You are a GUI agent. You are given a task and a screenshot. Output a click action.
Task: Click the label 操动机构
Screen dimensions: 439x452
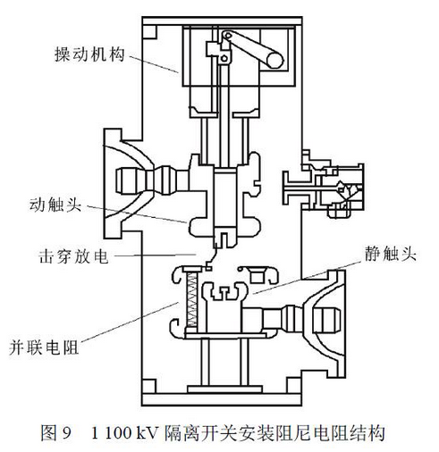(89, 54)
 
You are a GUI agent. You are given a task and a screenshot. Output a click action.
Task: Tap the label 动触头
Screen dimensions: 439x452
(55, 205)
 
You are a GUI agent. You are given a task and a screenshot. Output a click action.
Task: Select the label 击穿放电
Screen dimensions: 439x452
(73, 256)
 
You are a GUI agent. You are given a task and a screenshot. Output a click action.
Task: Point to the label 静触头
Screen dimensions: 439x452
(391, 254)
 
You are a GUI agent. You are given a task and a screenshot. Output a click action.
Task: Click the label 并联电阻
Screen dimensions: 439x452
(44, 347)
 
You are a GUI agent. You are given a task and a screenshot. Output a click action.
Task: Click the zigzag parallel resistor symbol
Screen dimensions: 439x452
(191, 300)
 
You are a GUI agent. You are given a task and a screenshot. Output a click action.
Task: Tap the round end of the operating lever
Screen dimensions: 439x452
(274, 60)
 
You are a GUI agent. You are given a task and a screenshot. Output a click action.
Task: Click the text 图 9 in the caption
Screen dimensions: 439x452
(56, 433)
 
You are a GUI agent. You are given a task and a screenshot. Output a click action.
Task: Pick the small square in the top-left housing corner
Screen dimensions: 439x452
(149, 32)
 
